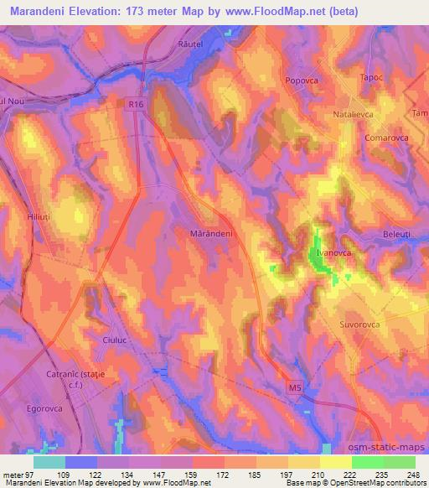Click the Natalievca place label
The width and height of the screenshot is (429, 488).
(x=359, y=110)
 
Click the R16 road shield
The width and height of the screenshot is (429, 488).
(x=138, y=104)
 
